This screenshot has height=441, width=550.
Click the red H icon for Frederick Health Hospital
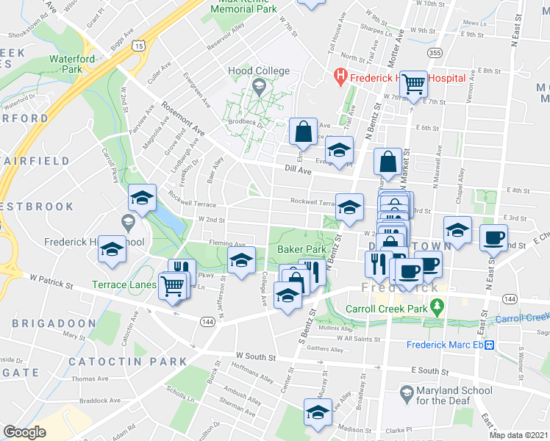point(340,74)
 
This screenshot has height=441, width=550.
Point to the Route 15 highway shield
point(139,46)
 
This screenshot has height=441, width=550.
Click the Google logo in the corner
point(24,432)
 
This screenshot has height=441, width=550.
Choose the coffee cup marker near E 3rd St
point(493,237)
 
